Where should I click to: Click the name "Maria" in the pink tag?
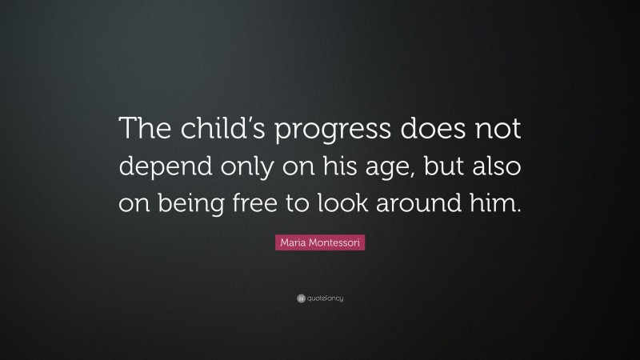[292, 242]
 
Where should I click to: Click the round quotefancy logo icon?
[300, 298]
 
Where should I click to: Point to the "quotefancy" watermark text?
[325, 298]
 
